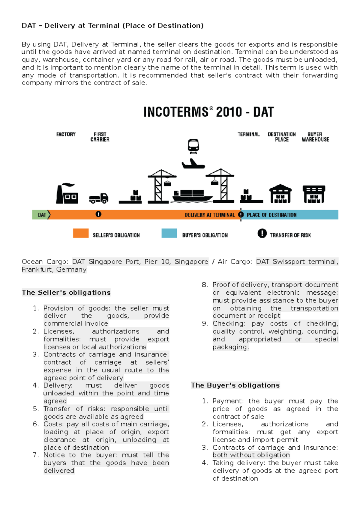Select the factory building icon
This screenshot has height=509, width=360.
pyautogui.click(x=67, y=194)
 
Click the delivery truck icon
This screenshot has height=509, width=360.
pyautogui.click(x=99, y=198)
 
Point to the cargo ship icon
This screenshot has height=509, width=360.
pyautogui.click(x=192, y=196)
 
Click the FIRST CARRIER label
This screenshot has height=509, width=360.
pyautogui.click(x=100, y=137)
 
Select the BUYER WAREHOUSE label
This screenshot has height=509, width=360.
pyautogui.click(x=315, y=137)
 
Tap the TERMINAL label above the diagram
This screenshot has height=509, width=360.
pyautogui.click(x=249, y=135)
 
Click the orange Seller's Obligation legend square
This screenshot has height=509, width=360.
pyautogui.click(x=81, y=233)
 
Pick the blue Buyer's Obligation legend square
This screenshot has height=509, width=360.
pyautogui.click(x=169, y=233)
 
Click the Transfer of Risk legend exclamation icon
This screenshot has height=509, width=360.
pyautogui.click(x=262, y=233)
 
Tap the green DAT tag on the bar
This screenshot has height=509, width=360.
pyautogui.click(x=42, y=215)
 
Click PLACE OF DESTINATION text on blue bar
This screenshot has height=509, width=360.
pyautogui.click(x=271, y=215)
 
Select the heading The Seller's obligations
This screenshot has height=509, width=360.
pyautogui.click(x=66, y=293)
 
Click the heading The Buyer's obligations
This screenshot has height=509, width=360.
pyautogui.click(x=235, y=385)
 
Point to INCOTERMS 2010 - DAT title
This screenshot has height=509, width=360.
pyautogui.click(x=208, y=112)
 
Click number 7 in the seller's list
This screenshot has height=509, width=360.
pyautogui.click(x=35, y=455)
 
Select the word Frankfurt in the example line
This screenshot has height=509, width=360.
pyautogui.click(x=37, y=269)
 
